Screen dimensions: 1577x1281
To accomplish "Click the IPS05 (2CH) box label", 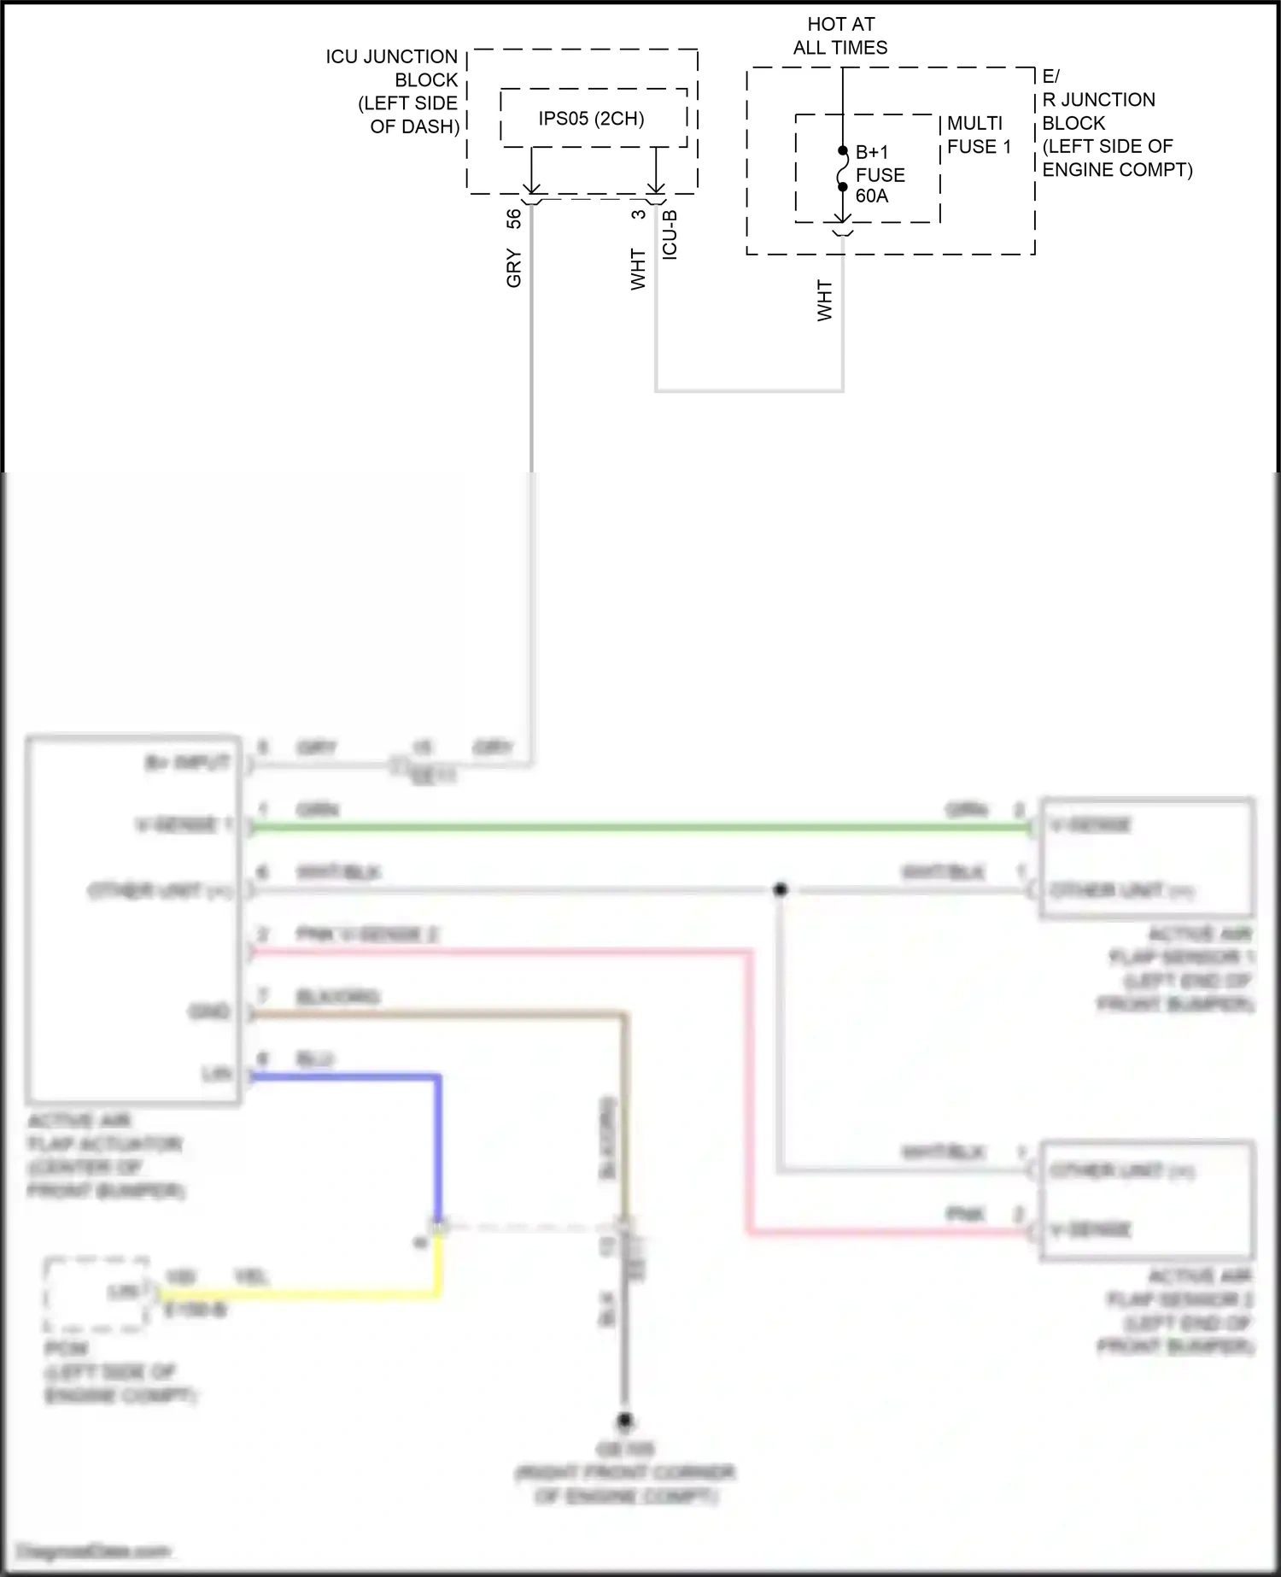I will coord(591,119).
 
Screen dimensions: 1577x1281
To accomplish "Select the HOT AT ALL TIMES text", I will coord(840,36).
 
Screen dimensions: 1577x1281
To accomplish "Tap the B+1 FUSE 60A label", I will coord(880,174).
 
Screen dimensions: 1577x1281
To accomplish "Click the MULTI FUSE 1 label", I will coord(979,135).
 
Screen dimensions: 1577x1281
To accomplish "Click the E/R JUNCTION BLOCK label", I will coord(1110,123).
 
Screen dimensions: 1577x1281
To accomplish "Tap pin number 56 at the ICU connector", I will coord(513,219).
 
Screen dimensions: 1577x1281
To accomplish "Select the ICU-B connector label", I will coord(670,234).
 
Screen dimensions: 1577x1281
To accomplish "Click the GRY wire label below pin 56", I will coord(513,268).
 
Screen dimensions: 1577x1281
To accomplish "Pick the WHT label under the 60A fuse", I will coord(824,300).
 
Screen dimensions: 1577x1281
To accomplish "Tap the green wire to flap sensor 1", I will coord(640,827).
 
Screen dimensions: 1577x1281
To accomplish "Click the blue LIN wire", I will coord(438,1145).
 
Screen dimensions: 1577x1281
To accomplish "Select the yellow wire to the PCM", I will coord(299,1295).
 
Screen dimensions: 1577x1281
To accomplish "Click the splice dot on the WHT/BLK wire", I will coord(780,890).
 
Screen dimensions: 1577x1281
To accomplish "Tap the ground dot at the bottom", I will coord(625,1422).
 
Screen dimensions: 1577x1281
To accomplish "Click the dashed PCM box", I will coord(96,1293).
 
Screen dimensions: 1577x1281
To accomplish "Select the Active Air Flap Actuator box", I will coord(133,919).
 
